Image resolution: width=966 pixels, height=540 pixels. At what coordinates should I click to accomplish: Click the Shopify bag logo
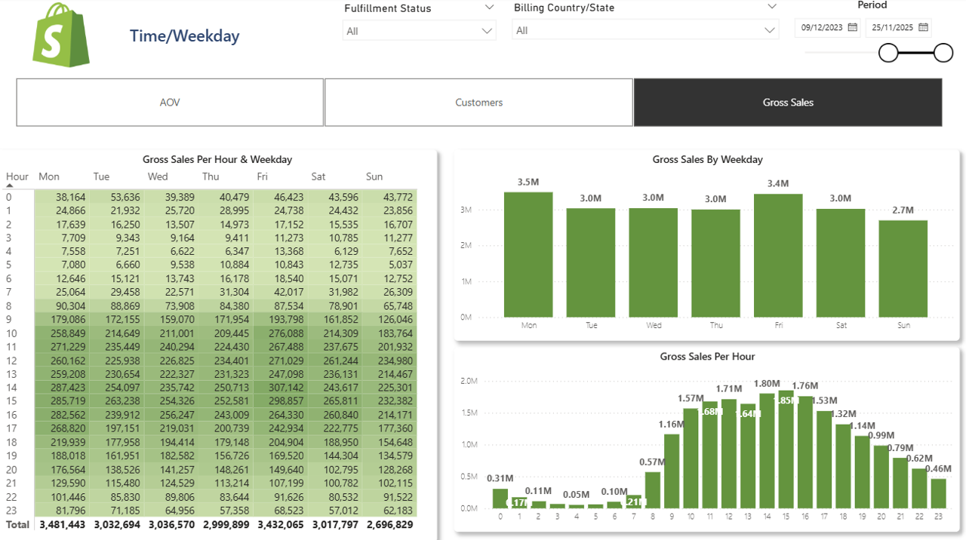click(61, 35)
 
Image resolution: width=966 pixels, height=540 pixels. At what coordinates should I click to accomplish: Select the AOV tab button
click(170, 103)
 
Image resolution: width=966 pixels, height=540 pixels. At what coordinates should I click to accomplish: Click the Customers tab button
click(478, 103)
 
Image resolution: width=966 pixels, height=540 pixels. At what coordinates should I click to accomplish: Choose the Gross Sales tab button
click(787, 103)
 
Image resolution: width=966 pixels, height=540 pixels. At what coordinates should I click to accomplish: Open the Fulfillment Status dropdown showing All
click(419, 31)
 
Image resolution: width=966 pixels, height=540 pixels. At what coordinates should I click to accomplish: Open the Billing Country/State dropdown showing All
click(645, 31)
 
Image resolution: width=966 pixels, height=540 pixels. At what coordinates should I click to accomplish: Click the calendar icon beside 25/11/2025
click(923, 28)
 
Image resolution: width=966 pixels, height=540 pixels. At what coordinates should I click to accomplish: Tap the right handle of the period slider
click(943, 53)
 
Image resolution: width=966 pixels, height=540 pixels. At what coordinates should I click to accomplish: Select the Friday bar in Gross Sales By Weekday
click(778, 256)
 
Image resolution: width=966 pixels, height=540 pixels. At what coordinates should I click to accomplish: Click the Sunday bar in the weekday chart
click(903, 268)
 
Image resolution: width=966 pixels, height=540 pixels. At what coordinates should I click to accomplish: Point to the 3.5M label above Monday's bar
click(528, 183)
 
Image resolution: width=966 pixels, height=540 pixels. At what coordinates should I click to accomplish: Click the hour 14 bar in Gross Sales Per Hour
click(767, 451)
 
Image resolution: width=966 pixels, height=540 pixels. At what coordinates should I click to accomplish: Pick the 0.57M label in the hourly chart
click(653, 462)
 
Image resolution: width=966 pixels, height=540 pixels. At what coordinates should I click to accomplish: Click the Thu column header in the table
click(211, 176)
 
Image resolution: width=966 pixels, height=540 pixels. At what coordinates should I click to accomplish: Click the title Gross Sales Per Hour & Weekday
click(217, 160)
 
